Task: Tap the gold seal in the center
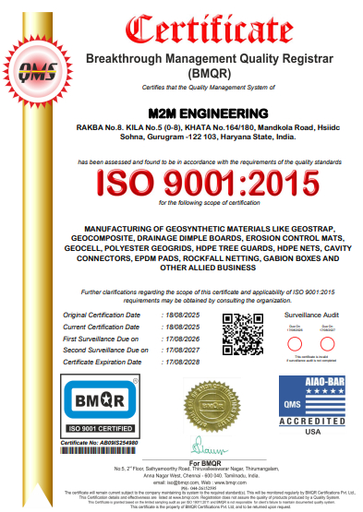204,403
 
